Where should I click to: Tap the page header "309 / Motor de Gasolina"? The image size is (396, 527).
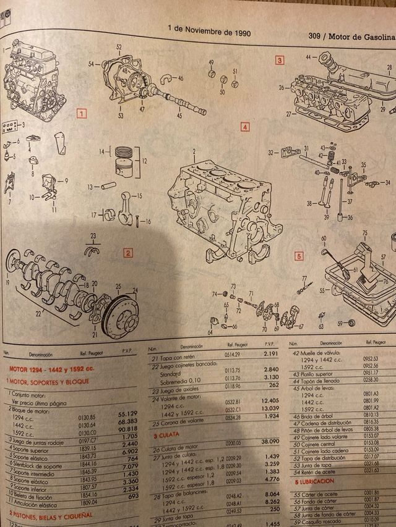pos(351,36)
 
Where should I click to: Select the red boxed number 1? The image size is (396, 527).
pos(80,114)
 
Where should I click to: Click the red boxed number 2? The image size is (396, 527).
pos(127,252)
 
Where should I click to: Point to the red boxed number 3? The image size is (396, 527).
pos(280,60)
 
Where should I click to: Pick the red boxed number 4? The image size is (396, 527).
pos(244,127)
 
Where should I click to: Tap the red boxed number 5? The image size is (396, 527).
pos(298,255)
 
